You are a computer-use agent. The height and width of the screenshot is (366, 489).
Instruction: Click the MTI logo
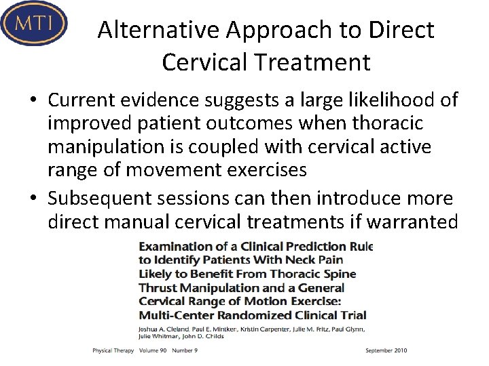[34, 23]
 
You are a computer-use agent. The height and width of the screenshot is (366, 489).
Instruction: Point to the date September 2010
[386, 350]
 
